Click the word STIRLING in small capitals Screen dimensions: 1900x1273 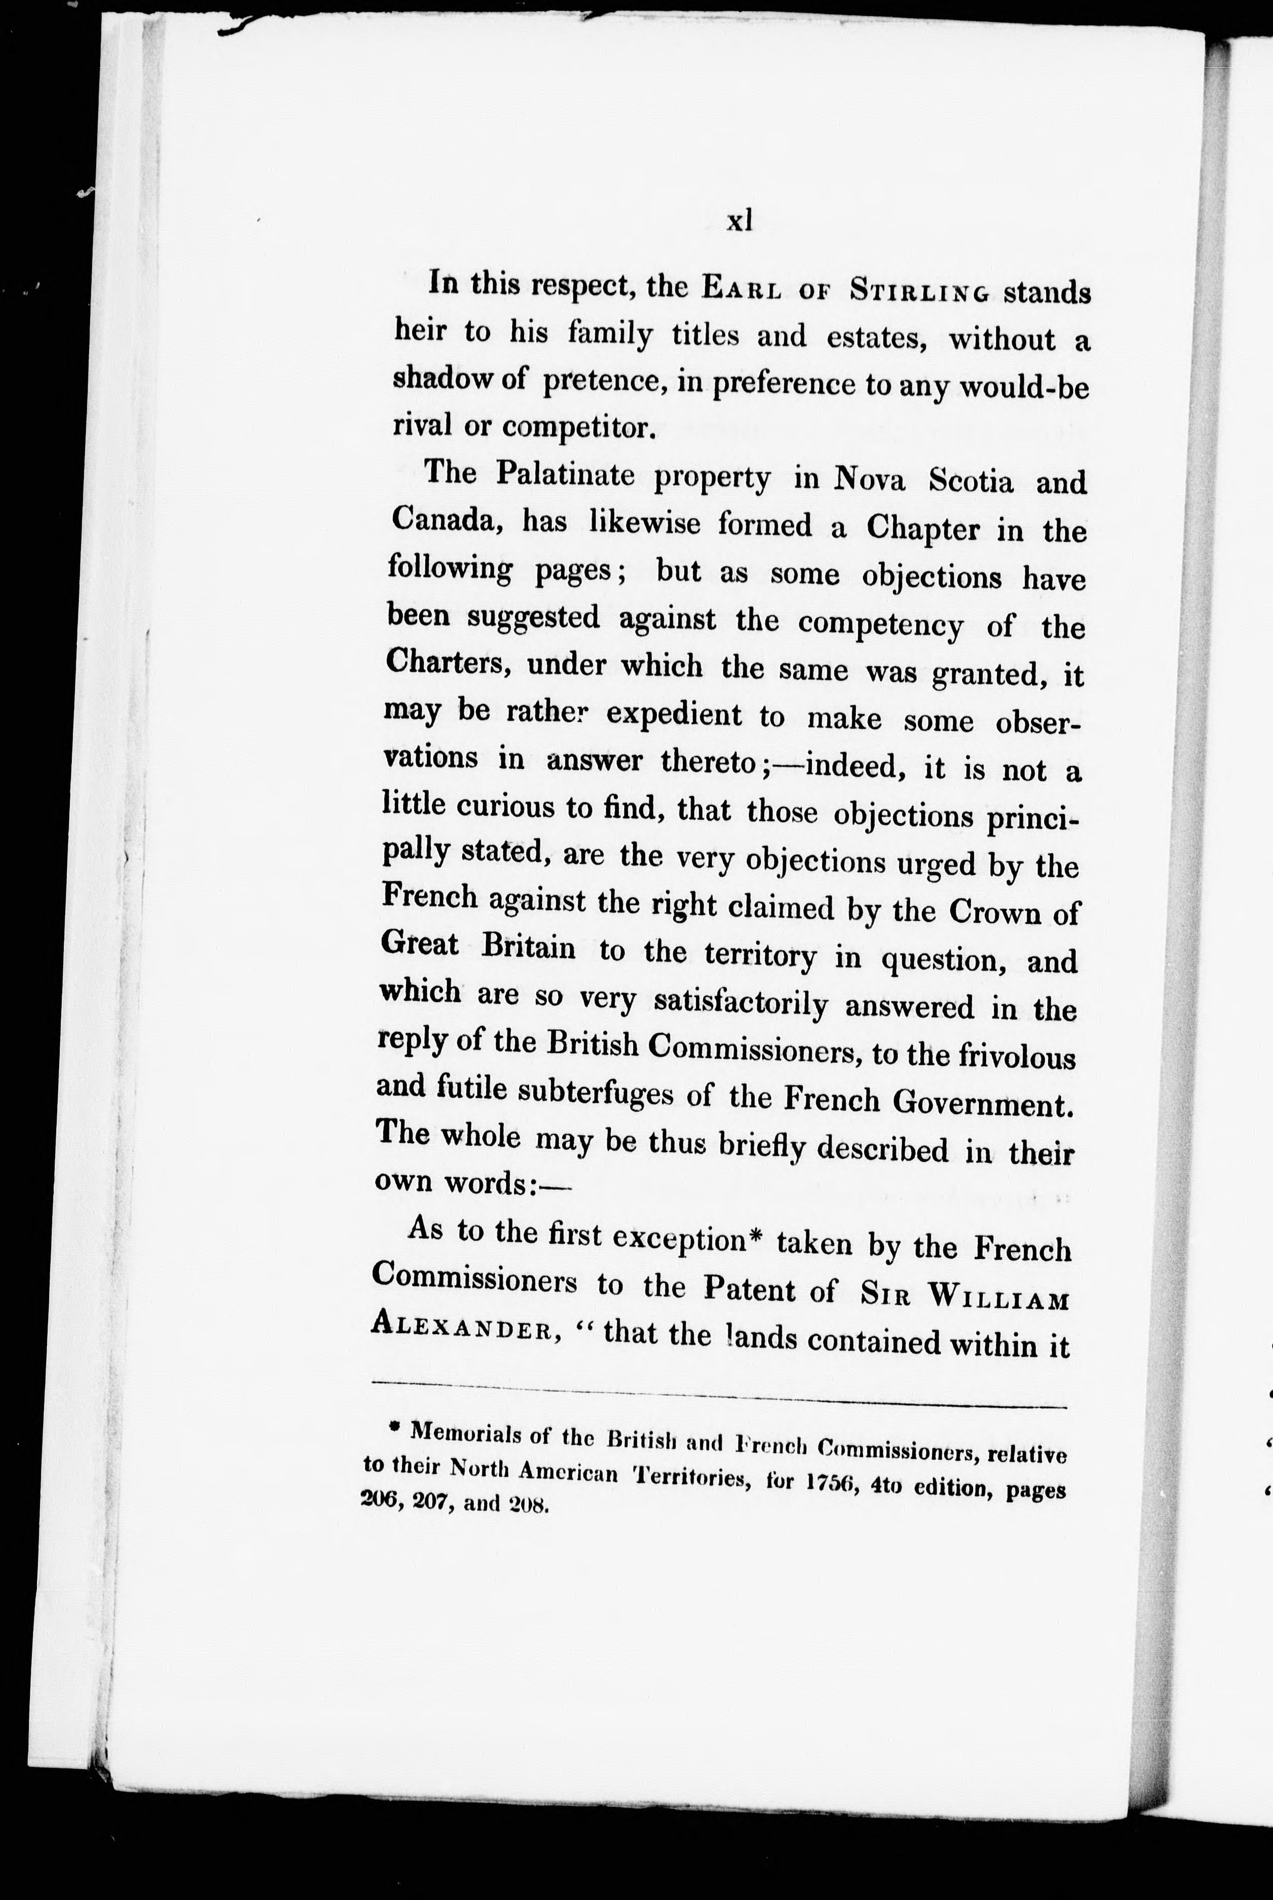coord(920,291)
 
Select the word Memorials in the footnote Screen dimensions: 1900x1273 coord(466,1432)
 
